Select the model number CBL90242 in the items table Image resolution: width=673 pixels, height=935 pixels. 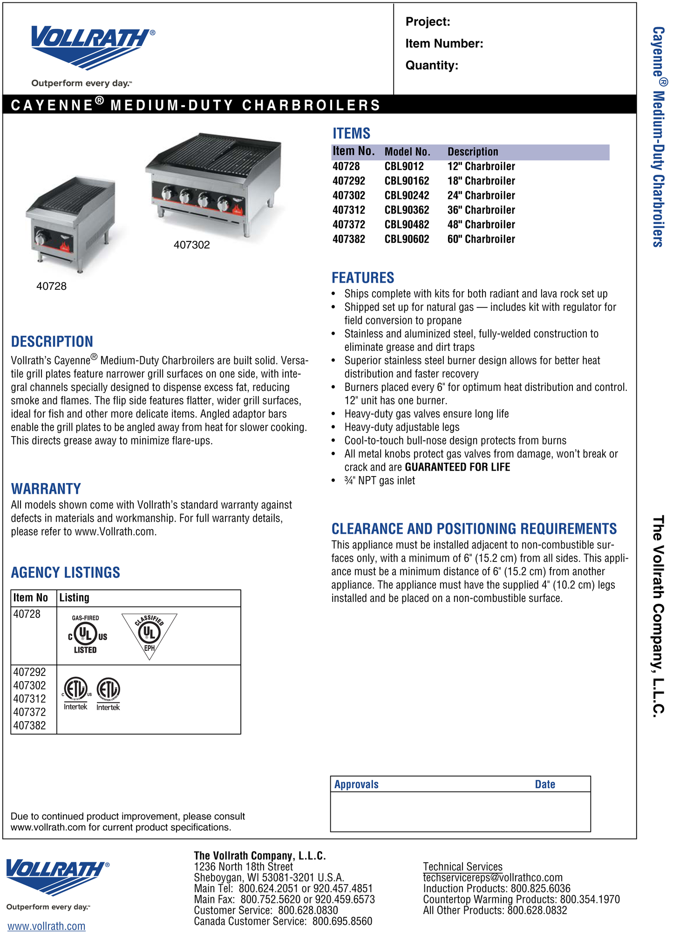(407, 196)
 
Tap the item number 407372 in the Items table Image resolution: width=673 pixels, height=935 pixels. (349, 225)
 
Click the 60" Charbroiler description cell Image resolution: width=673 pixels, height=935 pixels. (481, 239)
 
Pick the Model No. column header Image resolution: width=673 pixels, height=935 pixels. (407, 152)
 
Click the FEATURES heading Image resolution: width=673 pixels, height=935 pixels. (362, 278)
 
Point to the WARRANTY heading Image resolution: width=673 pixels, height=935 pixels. (46, 489)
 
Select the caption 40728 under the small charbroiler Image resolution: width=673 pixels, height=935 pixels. (51, 286)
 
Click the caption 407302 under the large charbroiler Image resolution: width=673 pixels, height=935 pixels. (191, 245)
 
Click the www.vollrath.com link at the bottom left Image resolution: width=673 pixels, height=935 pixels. (46, 926)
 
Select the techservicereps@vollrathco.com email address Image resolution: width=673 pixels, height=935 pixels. (492, 878)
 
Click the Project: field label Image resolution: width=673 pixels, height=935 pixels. (428, 22)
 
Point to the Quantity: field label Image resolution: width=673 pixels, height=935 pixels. (432, 65)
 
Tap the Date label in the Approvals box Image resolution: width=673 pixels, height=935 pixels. (544, 785)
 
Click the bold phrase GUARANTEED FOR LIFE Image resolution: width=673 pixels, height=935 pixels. (457, 467)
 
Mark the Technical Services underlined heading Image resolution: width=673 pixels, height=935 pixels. (462, 867)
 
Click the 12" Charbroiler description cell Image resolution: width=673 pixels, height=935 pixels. (481, 166)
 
